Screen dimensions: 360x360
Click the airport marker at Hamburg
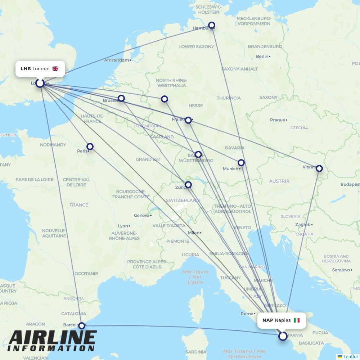(x=212, y=25)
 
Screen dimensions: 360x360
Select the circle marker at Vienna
(x=319, y=168)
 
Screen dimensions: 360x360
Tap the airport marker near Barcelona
(x=82, y=325)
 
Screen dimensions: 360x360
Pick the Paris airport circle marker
(x=90, y=147)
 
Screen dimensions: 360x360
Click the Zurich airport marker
(x=188, y=185)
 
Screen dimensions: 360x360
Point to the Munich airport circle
(x=241, y=163)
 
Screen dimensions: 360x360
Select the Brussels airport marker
(x=121, y=98)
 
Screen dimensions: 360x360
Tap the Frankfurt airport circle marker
(x=188, y=120)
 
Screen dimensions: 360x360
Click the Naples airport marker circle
(x=283, y=336)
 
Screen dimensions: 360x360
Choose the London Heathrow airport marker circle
(x=40, y=83)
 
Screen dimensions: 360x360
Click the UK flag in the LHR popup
(x=55, y=69)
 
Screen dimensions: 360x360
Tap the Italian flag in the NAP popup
(x=296, y=320)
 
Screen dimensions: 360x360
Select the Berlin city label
(x=262, y=57)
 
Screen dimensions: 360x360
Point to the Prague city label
(x=277, y=120)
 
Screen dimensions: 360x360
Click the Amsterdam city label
(x=116, y=60)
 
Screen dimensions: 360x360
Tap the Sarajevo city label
(x=341, y=270)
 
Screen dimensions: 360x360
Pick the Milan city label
(x=193, y=233)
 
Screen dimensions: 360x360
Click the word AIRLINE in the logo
(x=52, y=338)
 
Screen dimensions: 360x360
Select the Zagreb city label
(x=302, y=225)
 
